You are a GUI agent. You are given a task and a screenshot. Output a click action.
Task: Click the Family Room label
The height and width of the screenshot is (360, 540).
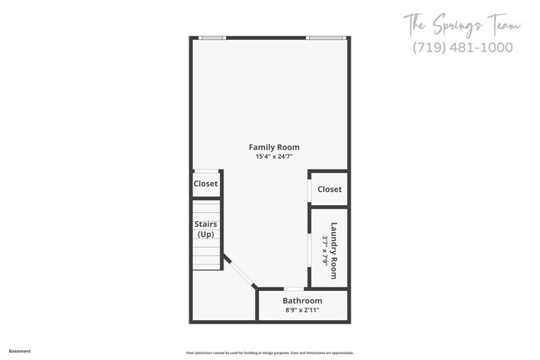coord(274,147)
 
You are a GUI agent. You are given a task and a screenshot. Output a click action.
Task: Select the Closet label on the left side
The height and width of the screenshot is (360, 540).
coord(205,184)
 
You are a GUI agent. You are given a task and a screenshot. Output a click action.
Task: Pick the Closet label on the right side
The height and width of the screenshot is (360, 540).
coord(330,190)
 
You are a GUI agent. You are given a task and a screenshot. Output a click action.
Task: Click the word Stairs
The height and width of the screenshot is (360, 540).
coord(206,224)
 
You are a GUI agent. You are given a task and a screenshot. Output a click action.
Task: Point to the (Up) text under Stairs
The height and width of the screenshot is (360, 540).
coord(206,234)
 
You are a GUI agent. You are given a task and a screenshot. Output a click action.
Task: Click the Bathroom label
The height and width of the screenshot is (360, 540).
coord(302,300)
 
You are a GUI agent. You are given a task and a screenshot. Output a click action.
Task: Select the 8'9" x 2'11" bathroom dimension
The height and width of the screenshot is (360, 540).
coord(301,310)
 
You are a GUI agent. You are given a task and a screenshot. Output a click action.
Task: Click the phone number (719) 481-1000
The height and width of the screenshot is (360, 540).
coord(462,47)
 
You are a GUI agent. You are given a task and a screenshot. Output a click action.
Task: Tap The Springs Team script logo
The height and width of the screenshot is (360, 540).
coord(462,25)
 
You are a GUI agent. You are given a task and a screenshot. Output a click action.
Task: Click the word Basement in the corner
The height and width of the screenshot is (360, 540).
coord(20,351)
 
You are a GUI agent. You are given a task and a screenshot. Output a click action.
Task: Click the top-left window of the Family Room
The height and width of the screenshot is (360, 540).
coord(213,37)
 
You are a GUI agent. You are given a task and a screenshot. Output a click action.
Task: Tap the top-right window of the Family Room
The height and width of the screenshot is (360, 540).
coord(326,37)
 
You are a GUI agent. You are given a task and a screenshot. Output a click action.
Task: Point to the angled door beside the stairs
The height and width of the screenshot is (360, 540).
coord(240,274)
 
